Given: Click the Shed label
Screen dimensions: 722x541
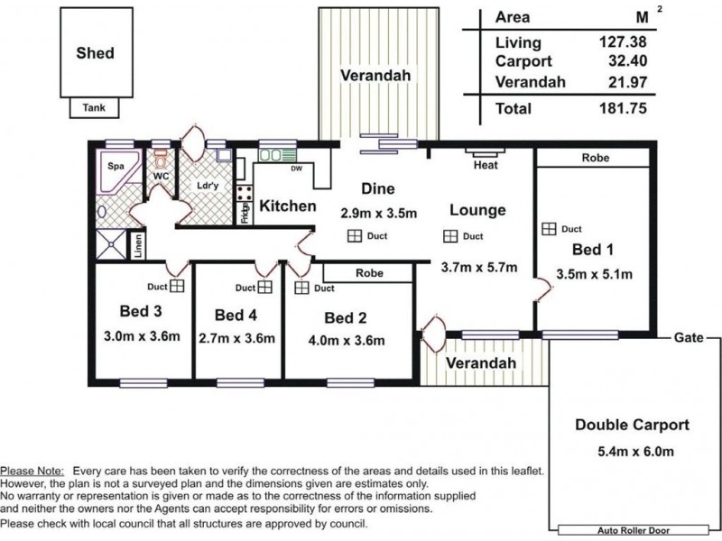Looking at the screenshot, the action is [x=96, y=53].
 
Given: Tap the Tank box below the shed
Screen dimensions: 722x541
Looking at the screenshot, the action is [x=95, y=108].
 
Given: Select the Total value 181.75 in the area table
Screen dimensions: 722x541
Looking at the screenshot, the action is [x=623, y=108].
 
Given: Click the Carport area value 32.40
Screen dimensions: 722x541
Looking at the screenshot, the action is [x=627, y=60].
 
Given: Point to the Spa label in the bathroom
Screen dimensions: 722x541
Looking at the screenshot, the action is [x=116, y=166].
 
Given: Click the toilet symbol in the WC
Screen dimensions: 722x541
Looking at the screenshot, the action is [x=160, y=160].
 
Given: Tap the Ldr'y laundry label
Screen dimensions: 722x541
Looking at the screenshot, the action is [x=208, y=186].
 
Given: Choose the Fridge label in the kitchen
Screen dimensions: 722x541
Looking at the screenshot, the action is [x=245, y=213].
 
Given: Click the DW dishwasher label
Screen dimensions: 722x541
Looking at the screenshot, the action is [x=297, y=169].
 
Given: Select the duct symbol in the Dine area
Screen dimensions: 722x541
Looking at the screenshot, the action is [x=354, y=236].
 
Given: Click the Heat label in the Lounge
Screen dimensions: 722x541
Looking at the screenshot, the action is [x=486, y=165].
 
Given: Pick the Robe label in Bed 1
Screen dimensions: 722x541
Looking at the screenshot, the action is [x=596, y=158].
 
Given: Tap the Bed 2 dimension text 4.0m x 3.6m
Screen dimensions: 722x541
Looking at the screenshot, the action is [x=347, y=341].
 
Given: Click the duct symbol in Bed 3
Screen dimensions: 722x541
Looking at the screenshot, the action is [x=177, y=286].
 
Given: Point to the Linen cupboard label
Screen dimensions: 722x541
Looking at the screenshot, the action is [x=138, y=245].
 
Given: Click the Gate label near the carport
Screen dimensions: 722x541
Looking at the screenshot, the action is [x=689, y=337].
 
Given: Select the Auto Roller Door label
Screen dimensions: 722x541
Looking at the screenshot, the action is [x=634, y=530].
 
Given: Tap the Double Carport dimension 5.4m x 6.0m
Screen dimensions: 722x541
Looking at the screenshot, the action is [x=635, y=452].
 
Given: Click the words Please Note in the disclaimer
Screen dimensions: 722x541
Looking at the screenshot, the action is [x=32, y=471].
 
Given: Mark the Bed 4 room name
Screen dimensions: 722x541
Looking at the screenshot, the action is [x=236, y=315].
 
